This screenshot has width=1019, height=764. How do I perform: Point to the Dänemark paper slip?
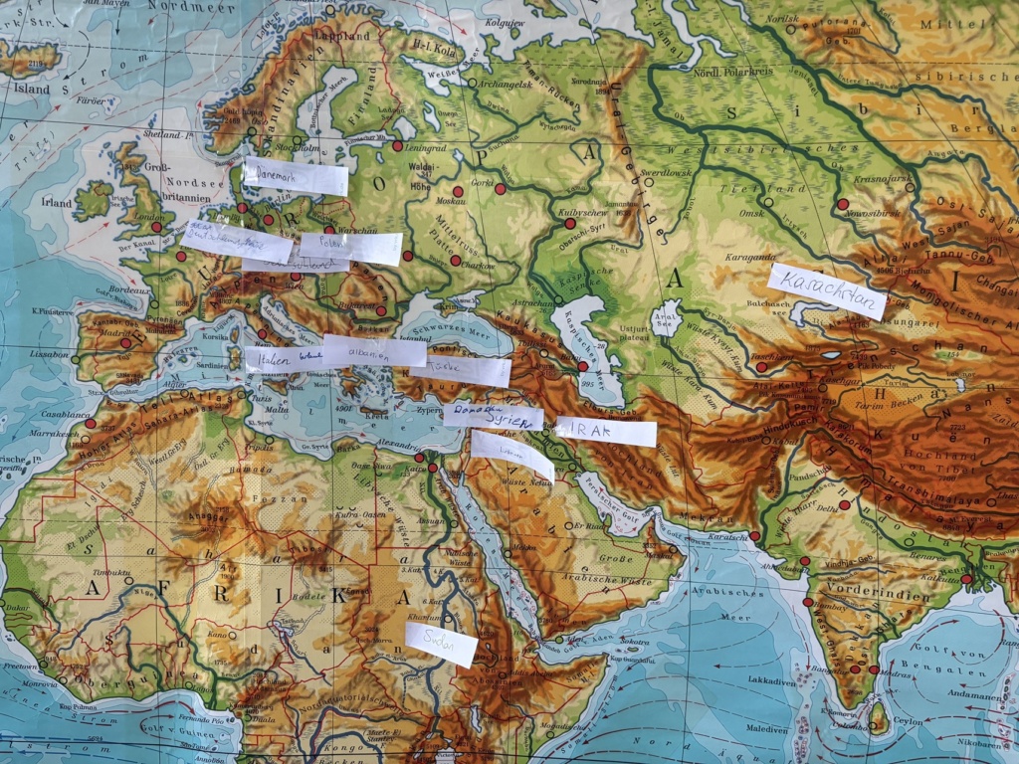click(296, 176)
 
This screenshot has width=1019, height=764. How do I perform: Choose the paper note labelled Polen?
click(350, 248)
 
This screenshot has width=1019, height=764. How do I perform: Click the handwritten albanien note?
click(374, 350)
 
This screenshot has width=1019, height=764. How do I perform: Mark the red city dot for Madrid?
click(125, 343)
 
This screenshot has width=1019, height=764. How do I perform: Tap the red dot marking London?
click(156, 227)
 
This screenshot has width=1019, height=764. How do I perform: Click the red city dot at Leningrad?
click(397, 146)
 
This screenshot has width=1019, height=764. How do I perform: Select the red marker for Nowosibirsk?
click(843, 204)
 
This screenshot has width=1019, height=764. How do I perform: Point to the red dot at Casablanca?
click(90, 423)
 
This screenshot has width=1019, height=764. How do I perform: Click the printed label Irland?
click(57, 202)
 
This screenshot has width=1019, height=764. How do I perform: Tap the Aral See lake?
click(666, 321)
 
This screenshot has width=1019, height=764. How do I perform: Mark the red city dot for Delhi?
click(844, 505)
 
